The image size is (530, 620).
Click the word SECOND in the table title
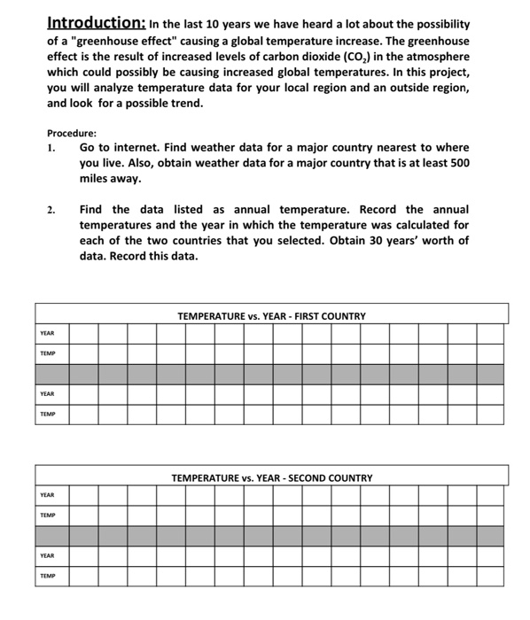point(300,478)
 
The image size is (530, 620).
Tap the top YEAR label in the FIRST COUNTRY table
point(47,333)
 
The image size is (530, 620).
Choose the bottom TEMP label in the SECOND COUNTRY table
point(47,576)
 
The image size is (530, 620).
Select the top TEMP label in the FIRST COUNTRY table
point(47,353)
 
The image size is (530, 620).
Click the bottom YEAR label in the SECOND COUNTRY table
point(47,555)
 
